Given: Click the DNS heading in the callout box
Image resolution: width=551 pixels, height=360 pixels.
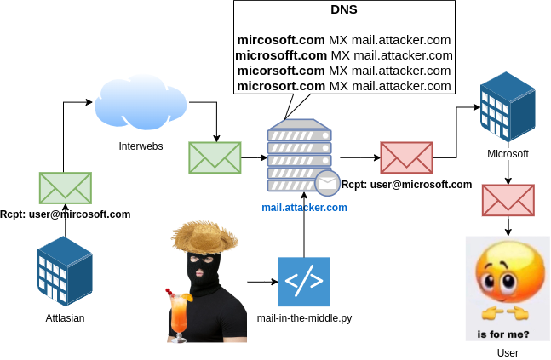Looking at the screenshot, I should (x=343, y=11).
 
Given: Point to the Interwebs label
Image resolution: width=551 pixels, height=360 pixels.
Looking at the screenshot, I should (x=141, y=146).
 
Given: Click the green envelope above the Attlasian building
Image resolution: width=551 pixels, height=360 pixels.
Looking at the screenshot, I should (x=65, y=187).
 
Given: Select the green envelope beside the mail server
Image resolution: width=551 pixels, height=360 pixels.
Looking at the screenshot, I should (x=215, y=157).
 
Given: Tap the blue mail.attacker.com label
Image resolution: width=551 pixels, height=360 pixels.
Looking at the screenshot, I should (x=304, y=207).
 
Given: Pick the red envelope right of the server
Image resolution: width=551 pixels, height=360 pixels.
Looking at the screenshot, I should (x=406, y=157).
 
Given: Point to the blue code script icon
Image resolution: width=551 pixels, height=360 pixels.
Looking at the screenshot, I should (x=303, y=281).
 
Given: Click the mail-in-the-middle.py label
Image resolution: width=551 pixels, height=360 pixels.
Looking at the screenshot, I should (x=304, y=318).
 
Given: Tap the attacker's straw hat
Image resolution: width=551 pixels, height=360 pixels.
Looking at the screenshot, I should (x=203, y=236).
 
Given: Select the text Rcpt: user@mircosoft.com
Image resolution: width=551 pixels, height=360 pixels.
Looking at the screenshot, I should (x=66, y=214).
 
